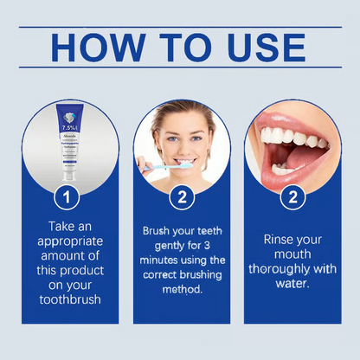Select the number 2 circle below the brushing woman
point(181,197)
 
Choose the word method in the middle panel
point(181,289)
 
